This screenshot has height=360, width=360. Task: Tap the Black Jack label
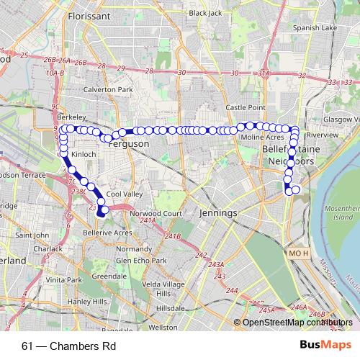click(x=205, y=13)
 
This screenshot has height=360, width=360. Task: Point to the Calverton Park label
click(x=109, y=89)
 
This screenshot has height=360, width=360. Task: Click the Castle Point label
click(x=243, y=107)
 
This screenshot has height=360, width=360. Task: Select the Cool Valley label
click(x=122, y=194)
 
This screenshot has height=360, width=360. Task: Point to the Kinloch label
click(x=83, y=154)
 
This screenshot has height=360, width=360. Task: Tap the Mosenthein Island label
click(x=341, y=211)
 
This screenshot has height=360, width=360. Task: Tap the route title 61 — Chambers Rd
click(x=69, y=346)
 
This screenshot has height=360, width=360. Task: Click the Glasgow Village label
click(x=341, y=119)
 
